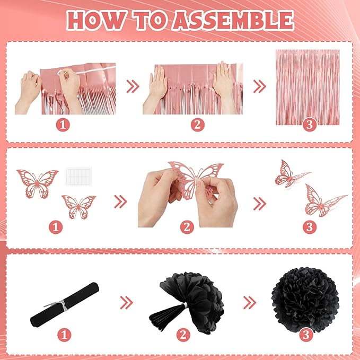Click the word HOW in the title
pyautogui.click(x=96, y=20)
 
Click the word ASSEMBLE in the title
pyautogui.click(x=233, y=20)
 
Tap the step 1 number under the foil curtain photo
pyautogui.click(x=63, y=125)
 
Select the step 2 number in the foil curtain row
pyautogui.click(x=197, y=125)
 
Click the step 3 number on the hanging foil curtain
pyautogui.click(x=310, y=125)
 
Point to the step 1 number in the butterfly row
pyautogui.click(x=56, y=227)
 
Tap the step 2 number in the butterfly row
pyautogui.click(x=187, y=227)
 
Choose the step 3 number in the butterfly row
pyautogui.click(x=310, y=227)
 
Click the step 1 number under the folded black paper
pyautogui.click(x=64, y=335)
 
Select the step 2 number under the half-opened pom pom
pyautogui.click(x=183, y=335)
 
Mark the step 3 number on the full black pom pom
pyautogui.click(x=306, y=335)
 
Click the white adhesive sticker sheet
pyautogui.click(x=79, y=177)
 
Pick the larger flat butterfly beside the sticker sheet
pyautogui.click(x=38, y=183)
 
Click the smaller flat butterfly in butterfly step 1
pyautogui.click(x=78, y=207)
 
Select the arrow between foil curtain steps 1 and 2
pyautogui.click(x=133, y=86)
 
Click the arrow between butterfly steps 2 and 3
pyautogui.click(x=259, y=204)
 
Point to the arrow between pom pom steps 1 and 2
pyautogui.click(x=127, y=303)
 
